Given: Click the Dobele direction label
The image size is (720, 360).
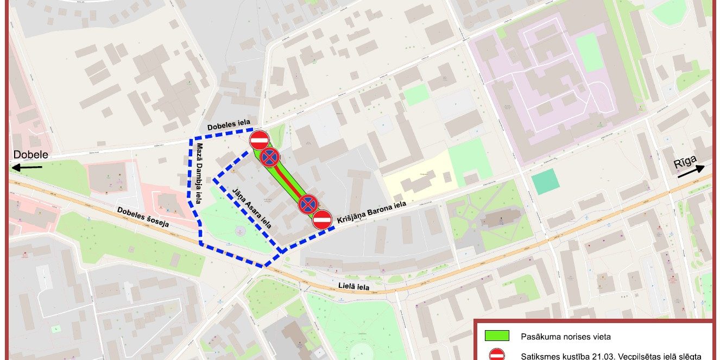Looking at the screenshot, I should click(x=31, y=155).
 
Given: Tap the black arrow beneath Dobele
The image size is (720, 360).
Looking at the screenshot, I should click(x=27, y=168).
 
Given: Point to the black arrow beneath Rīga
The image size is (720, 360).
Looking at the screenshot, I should click(x=691, y=173).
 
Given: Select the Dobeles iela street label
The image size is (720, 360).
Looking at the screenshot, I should click(x=229, y=127).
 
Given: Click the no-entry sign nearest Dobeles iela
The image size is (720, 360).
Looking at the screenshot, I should click(x=259, y=140).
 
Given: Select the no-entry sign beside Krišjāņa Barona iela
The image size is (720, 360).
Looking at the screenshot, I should click(x=322, y=220).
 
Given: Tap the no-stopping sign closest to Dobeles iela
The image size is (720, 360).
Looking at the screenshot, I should click(x=270, y=157).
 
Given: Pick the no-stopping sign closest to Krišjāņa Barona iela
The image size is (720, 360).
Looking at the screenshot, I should click(x=308, y=204).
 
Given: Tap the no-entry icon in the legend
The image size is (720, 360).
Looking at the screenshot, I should click(x=496, y=355).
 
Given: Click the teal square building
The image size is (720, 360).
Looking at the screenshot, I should click(x=545, y=182).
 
